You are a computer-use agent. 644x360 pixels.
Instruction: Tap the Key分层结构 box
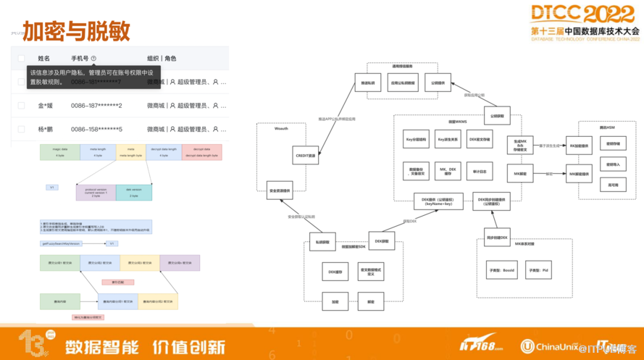pyautogui.click(x=417, y=138)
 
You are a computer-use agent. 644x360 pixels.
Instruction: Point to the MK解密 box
pyautogui.click(x=520, y=174)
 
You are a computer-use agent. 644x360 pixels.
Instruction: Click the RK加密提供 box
pyautogui.click(x=581, y=146)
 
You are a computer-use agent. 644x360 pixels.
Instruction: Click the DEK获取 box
pyautogui.click(x=380, y=241)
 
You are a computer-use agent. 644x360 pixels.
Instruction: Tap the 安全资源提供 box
pyautogui.click(x=280, y=192)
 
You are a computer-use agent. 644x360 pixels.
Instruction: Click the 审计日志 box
pyautogui.click(x=479, y=172)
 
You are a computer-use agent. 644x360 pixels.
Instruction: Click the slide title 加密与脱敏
pyautogui.click(x=76, y=31)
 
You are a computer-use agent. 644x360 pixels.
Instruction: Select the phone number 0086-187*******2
pyautogui.click(x=96, y=106)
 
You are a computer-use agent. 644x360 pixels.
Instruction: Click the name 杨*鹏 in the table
pyautogui.click(x=46, y=129)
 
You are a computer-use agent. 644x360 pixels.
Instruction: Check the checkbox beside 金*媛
pyautogui.click(x=21, y=106)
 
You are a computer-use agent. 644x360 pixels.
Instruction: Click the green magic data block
pyautogui.click(x=59, y=152)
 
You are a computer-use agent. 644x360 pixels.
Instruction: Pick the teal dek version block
pyautogui.click(x=134, y=193)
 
